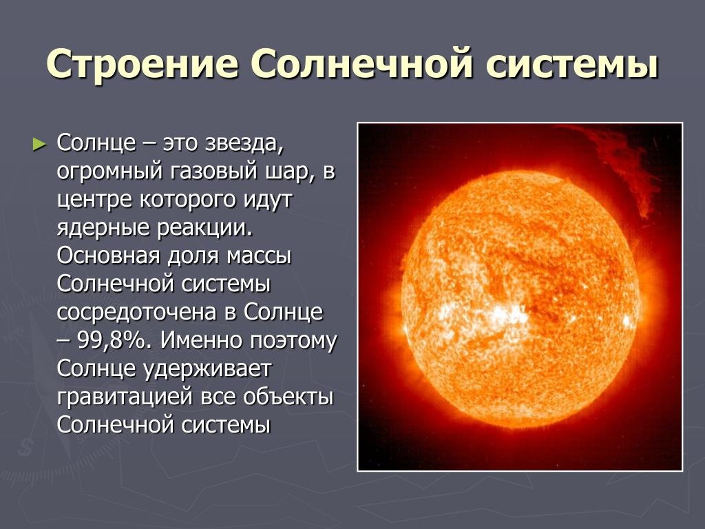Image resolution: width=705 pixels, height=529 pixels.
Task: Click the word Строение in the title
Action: (143, 63)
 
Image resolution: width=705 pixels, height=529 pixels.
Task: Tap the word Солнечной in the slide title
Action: (362, 63)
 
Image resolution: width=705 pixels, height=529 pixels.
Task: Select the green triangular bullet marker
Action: (39, 145)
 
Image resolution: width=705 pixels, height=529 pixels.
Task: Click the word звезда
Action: (244, 144)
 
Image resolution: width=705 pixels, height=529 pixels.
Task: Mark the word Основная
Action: (108, 256)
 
